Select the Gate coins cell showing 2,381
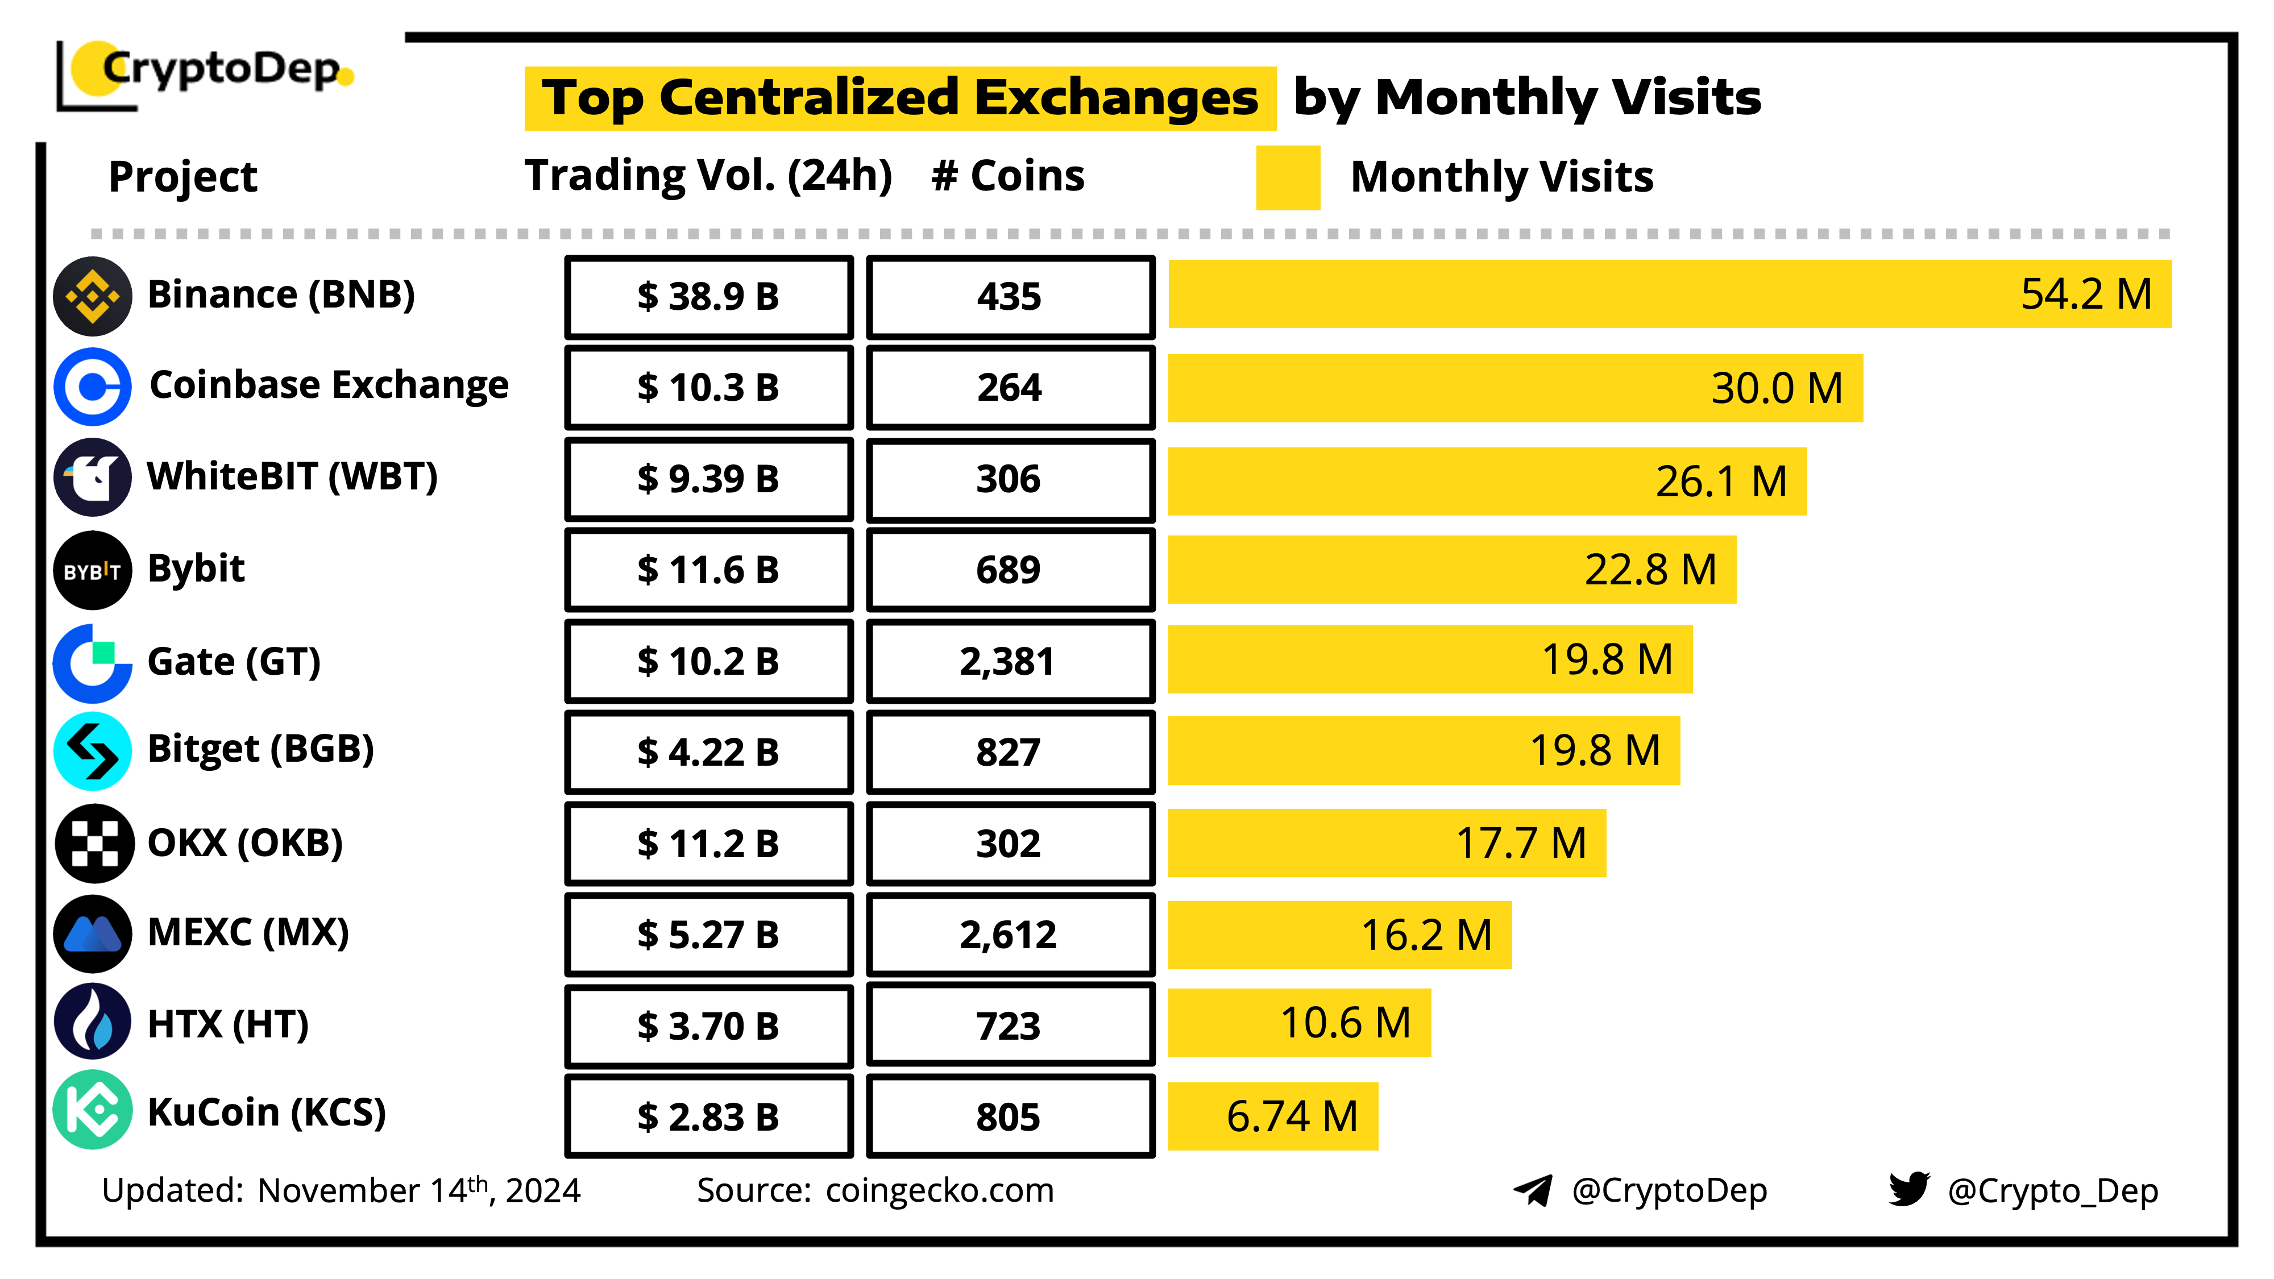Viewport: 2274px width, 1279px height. point(1010,661)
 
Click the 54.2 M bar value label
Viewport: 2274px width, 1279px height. point(2086,294)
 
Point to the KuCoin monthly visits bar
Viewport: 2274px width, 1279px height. point(1272,1116)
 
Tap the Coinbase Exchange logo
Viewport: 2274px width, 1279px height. point(93,387)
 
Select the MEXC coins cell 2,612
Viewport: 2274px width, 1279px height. point(1010,935)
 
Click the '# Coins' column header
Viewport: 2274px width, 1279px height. point(1007,176)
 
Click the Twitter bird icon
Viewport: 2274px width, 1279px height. point(1908,1189)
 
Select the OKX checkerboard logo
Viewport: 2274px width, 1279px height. point(94,843)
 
